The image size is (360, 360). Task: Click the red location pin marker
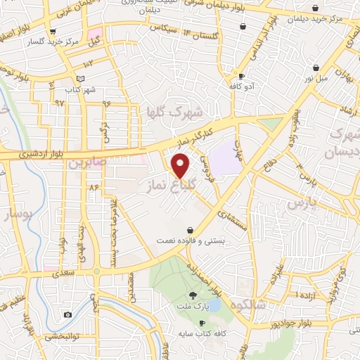[181, 166]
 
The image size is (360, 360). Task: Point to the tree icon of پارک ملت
[193, 295]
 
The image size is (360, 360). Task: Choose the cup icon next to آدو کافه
[241, 76]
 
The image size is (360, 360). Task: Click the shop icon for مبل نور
[316, 68]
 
